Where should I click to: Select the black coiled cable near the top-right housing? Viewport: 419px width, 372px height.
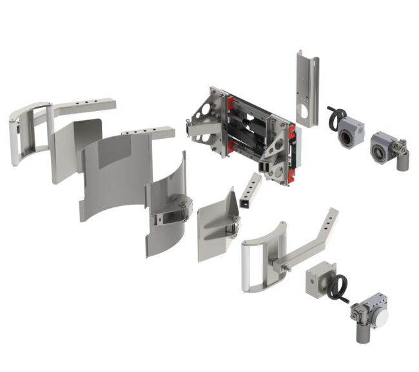(335, 118)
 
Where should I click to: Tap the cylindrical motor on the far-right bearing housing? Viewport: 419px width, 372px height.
(404, 160)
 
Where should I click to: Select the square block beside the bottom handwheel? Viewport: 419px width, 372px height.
(318, 278)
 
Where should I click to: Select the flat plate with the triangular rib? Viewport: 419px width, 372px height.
(217, 223)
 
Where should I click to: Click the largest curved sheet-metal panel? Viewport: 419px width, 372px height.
(116, 174)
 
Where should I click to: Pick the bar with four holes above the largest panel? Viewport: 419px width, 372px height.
(149, 132)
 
